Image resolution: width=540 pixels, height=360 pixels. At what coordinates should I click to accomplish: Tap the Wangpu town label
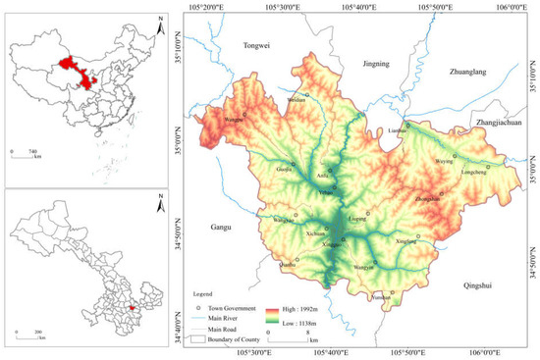coord(234,120)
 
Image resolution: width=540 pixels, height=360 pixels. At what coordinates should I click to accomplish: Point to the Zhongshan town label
coord(428,197)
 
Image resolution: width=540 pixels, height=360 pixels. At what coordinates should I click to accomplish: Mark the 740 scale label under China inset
coord(32,151)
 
